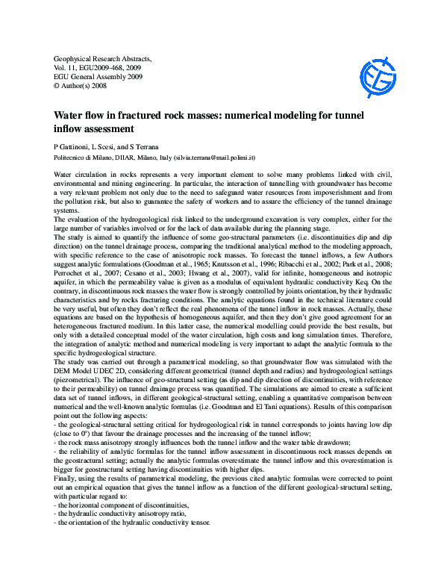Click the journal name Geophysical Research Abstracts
pyautogui.click(x=103, y=57)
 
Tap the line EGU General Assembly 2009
pyautogui.click(x=97, y=76)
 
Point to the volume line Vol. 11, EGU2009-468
pyautogui.click(x=95, y=66)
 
